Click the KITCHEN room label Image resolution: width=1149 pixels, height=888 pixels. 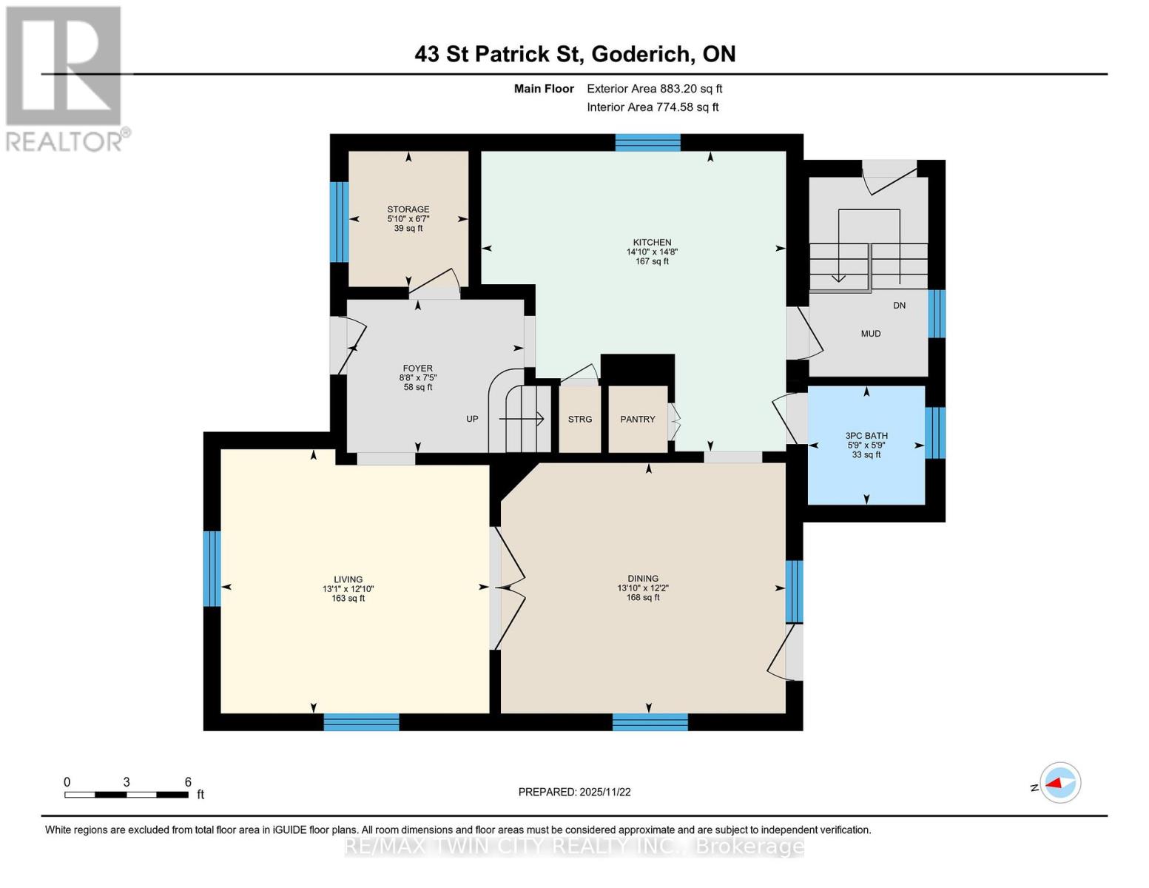tap(652, 242)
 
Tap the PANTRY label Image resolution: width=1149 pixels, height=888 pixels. tap(638, 420)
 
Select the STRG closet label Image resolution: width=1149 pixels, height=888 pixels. tap(580, 420)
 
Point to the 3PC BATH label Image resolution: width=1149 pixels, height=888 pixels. tap(866, 436)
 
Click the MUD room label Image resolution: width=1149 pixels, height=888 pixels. tap(871, 334)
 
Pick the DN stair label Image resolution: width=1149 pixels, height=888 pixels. tap(900, 306)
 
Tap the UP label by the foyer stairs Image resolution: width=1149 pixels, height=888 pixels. tap(472, 420)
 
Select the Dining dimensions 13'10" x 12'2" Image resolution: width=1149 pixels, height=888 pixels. tap(643, 588)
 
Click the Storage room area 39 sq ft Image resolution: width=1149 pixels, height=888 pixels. tap(408, 229)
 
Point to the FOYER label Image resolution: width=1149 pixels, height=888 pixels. tap(418, 369)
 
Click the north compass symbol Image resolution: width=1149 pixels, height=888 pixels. tap(1059, 783)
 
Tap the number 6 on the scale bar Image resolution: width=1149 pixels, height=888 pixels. tap(188, 782)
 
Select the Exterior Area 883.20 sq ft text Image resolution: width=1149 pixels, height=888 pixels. tap(655, 89)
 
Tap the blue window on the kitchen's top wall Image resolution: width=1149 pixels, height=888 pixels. tap(647, 143)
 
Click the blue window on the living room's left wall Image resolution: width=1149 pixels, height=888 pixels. tap(212, 568)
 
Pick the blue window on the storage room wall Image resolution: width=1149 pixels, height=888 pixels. tap(339, 222)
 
